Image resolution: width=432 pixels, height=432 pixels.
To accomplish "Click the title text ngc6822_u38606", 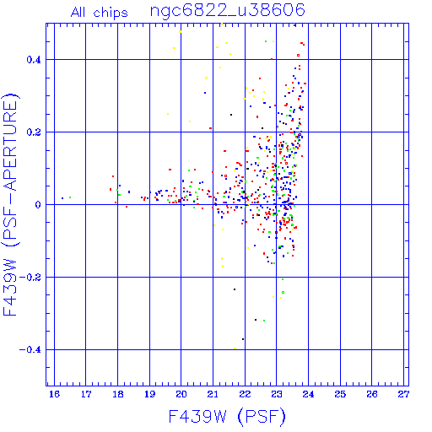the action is [228, 11].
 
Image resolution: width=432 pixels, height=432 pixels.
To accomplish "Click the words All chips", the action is [100, 13].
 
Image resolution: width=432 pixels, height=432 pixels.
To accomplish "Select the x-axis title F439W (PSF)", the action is [227, 416].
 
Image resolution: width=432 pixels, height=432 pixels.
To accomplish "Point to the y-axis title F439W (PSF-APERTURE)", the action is [11, 204].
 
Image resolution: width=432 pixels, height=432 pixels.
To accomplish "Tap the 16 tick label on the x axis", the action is [54, 394].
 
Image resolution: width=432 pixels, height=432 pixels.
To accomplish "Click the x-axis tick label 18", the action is [118, 394].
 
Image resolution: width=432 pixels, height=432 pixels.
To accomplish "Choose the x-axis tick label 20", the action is [181, 394].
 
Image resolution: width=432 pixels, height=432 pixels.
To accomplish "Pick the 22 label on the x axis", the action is [245, 394].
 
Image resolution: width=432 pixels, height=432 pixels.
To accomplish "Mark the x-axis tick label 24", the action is [308, 394].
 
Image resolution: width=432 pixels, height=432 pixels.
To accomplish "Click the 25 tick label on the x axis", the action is [340, 394].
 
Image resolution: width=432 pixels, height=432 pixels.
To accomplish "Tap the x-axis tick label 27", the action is [403, 394].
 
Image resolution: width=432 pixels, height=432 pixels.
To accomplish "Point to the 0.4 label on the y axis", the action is [34, 60].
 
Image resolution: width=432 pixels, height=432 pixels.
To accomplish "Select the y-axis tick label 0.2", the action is [34, 132].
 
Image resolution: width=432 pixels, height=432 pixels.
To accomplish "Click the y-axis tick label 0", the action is [38, 205].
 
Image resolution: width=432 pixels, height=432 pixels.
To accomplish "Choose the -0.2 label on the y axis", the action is [30, 278].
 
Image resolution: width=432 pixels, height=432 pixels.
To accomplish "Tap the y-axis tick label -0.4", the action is [30, 350].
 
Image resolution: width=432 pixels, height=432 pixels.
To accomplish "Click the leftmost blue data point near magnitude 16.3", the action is [62, 198].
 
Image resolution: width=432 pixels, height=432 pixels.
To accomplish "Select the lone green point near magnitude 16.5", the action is [70, 197].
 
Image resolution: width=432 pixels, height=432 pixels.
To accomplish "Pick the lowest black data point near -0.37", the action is [243, 339].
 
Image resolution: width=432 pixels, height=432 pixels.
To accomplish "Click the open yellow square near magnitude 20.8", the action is [206, 78].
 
